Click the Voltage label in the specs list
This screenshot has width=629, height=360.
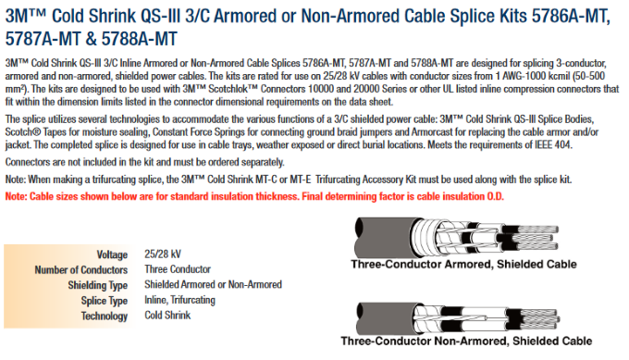pyautogui.click(x=112, y=254)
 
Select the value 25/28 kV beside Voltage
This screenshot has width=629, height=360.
pyautogui.click(x=163, y=254)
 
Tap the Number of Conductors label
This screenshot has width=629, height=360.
pyautogui.click(x=81, y=269)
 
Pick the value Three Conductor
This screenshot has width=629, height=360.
pyautogui.click(x=178, y=269)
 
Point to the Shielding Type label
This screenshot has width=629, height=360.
pyautogui.click(x=97, y=285)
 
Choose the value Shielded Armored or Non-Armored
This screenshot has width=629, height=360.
pyautogui.click(x=214, y=284)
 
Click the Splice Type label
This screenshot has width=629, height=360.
pyautogui.click(x=105, y=301)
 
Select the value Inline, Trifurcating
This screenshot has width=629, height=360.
pyautogui.click(x=180, y=300)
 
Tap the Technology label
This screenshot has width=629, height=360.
pyautogui.click(x=105, y=316)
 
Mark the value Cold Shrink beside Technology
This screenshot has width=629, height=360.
pyautogui.click(x=167, y=316)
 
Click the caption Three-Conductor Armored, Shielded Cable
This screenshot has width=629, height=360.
pyautogui.click(x=463, y=264)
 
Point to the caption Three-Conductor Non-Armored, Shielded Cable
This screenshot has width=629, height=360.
pyautogui.click(x=466, y=341)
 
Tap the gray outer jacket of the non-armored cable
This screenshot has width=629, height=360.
pyautogui.click(x=385, y=317)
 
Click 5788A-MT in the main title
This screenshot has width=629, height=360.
pyautogui.click(x=139, y=39)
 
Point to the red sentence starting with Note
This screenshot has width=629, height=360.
pyautogui.click(x=254, y=196)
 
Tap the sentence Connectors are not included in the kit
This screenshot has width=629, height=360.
pyautogui.click(x=144, y=162)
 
